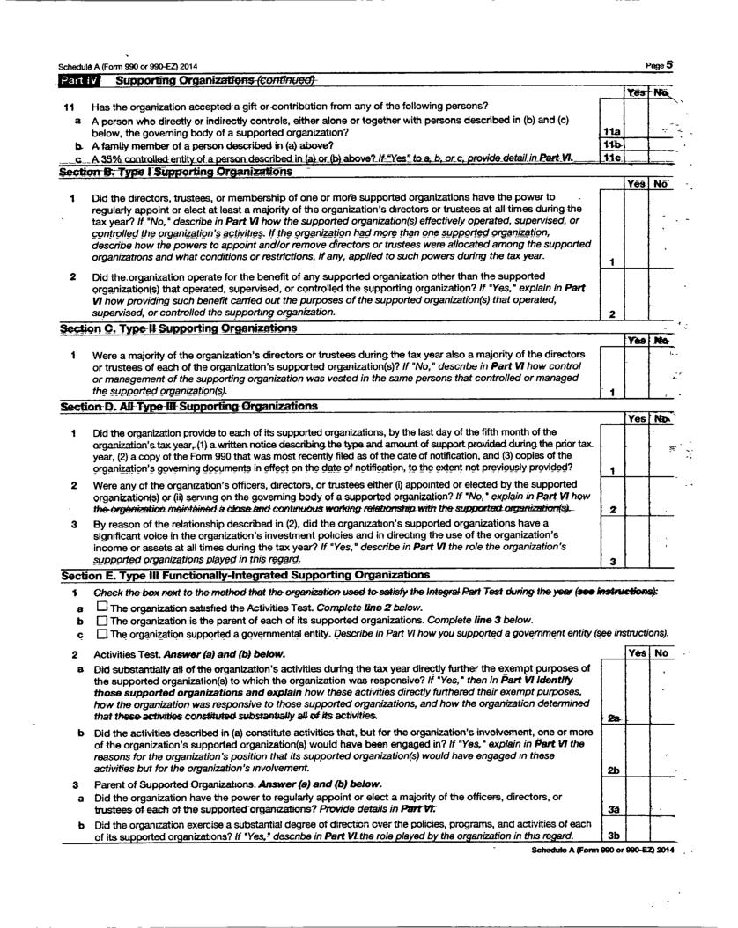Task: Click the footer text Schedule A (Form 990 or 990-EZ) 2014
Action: [x=602, y=851]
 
